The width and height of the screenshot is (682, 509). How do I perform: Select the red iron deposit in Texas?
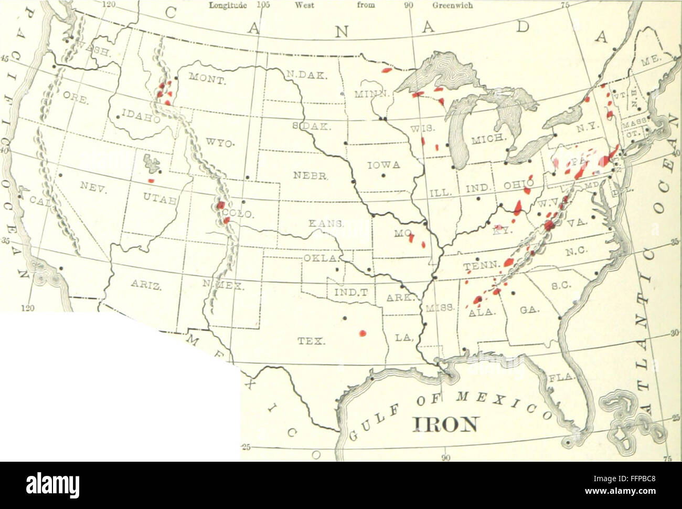(361, 333)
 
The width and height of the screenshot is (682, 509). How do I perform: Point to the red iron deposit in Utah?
(151, 181)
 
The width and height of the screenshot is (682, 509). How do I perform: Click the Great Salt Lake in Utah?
(152, 163)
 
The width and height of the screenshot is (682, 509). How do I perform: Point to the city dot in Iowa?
(384, 175)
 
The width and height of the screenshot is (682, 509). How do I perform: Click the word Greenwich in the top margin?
(453, 6)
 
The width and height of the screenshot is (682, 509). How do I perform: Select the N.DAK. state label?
(307, 75)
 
